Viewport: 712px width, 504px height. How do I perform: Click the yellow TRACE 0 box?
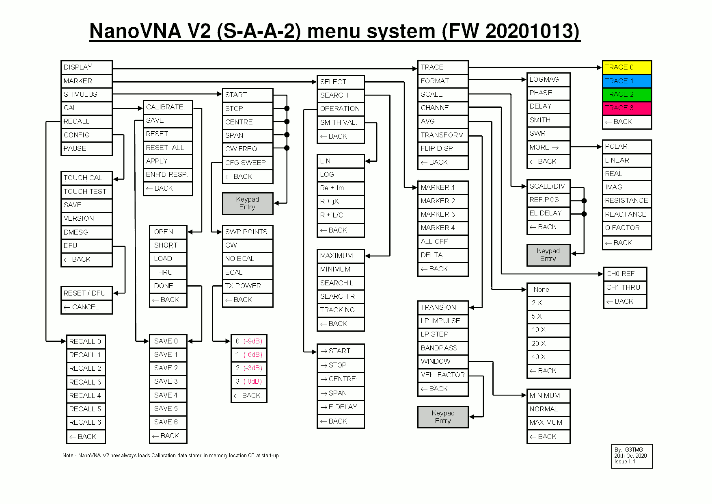[x=626, y=67]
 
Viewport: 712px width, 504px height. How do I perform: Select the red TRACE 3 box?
[x=626, y=108]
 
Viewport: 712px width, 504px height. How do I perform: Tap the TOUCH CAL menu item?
[x=86, y=178]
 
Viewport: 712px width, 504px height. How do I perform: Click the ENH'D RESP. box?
[x=167, y=175]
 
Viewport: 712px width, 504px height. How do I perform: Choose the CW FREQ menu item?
[x=247, y=149]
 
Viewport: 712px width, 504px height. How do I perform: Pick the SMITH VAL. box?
[x=340, y=122]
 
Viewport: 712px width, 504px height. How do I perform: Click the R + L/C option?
[x=340, y=215]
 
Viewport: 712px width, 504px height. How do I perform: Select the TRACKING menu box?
[x=340, y=310]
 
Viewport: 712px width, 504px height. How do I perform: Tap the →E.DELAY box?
[x=340, y=407]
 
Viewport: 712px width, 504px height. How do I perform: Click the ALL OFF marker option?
[x=442, y=242]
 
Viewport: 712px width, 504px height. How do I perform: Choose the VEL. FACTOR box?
[x=442, y=375]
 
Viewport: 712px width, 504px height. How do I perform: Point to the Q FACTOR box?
[x=626, y=228]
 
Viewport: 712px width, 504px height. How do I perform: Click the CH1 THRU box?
[x=625, y=288]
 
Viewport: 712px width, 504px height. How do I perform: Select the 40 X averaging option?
[x=548, y=357]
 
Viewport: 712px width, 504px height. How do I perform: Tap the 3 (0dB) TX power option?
[x=249, y=382]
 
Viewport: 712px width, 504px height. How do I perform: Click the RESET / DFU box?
[x=86, y=293]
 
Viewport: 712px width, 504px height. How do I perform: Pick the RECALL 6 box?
[x=86, y=423]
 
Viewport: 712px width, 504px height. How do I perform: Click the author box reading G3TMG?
[x=631, y=456]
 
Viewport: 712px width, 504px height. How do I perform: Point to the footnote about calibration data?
[x=171, y=456]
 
